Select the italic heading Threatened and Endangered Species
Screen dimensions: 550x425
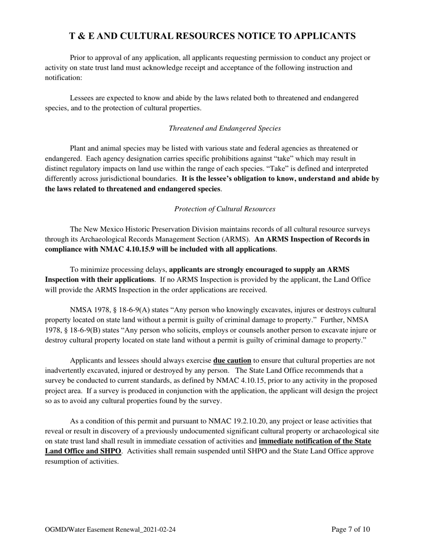pos(225,128)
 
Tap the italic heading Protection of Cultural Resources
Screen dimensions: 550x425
pos(225,209)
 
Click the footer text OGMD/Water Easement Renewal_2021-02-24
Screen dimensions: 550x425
pos(110,530)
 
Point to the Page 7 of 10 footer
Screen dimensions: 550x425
pos(351,530)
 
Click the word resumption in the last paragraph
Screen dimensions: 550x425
pos(62,461)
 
